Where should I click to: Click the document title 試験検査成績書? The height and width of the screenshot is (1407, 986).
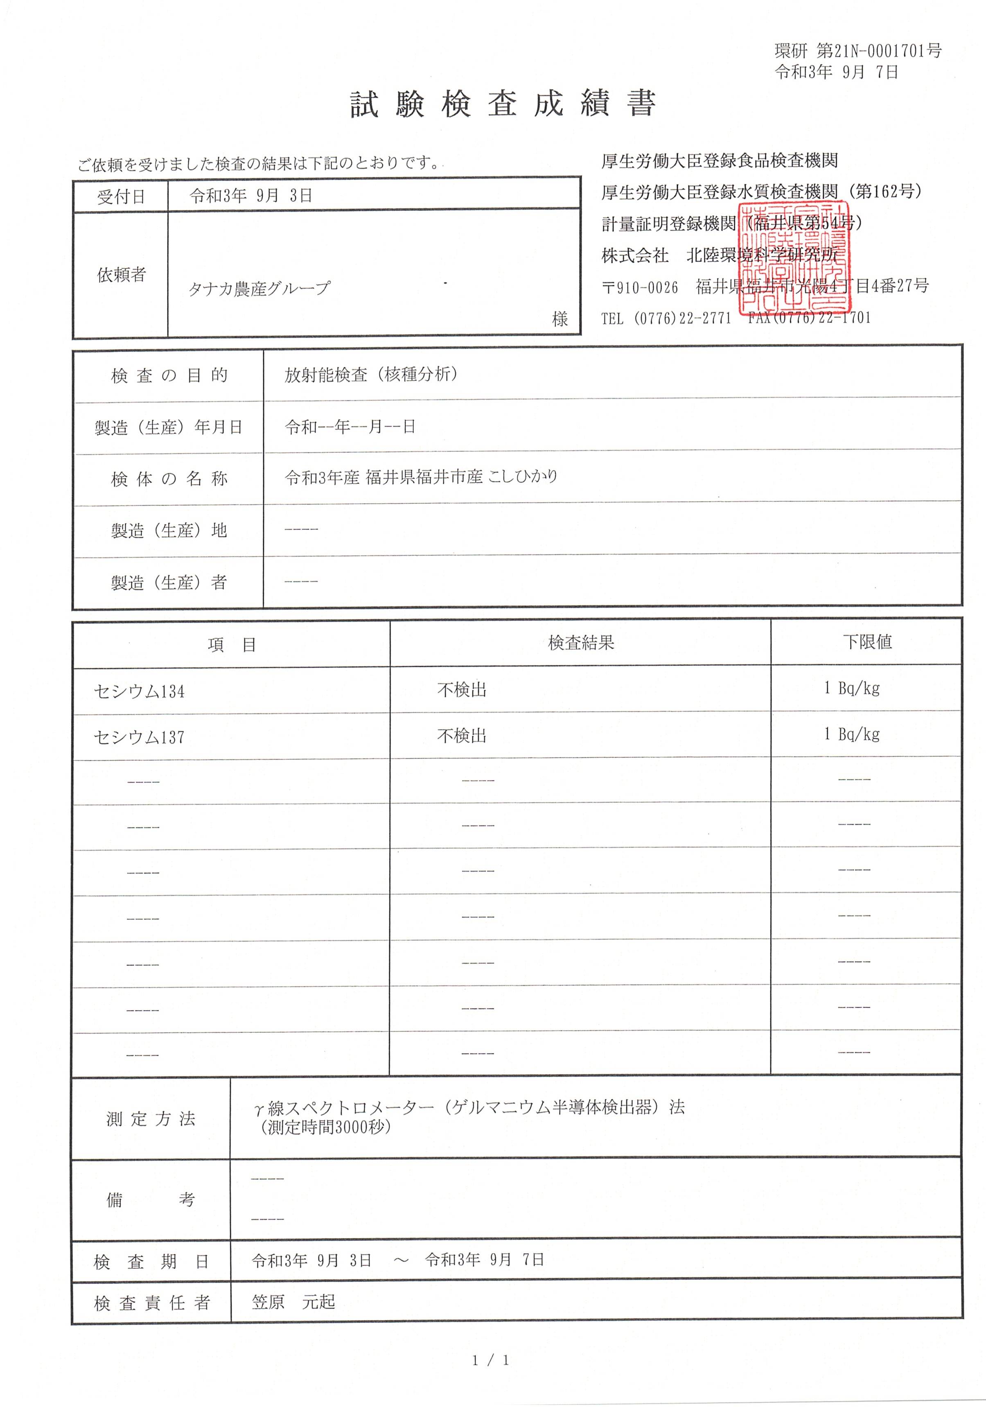[503, 104]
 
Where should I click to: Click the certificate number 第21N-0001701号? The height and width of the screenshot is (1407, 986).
[879, 51]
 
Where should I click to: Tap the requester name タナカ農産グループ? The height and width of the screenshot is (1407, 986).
[259, 288]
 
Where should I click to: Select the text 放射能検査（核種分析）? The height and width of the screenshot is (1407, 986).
[371, 375]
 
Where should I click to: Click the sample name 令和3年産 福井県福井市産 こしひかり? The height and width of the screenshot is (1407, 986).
[421, 477]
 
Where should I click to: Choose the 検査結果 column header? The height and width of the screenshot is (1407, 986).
[580, 642]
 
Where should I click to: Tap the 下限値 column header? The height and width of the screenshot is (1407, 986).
[866, 641]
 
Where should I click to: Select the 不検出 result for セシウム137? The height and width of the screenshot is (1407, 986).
[461, 735]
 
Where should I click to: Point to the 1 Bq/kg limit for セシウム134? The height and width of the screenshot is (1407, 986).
[852, 688]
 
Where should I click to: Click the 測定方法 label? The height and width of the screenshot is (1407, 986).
[151, 1118]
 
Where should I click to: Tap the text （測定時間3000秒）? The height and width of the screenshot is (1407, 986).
[325, 1127]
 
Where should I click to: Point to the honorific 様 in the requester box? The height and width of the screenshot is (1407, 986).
[560, 318]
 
